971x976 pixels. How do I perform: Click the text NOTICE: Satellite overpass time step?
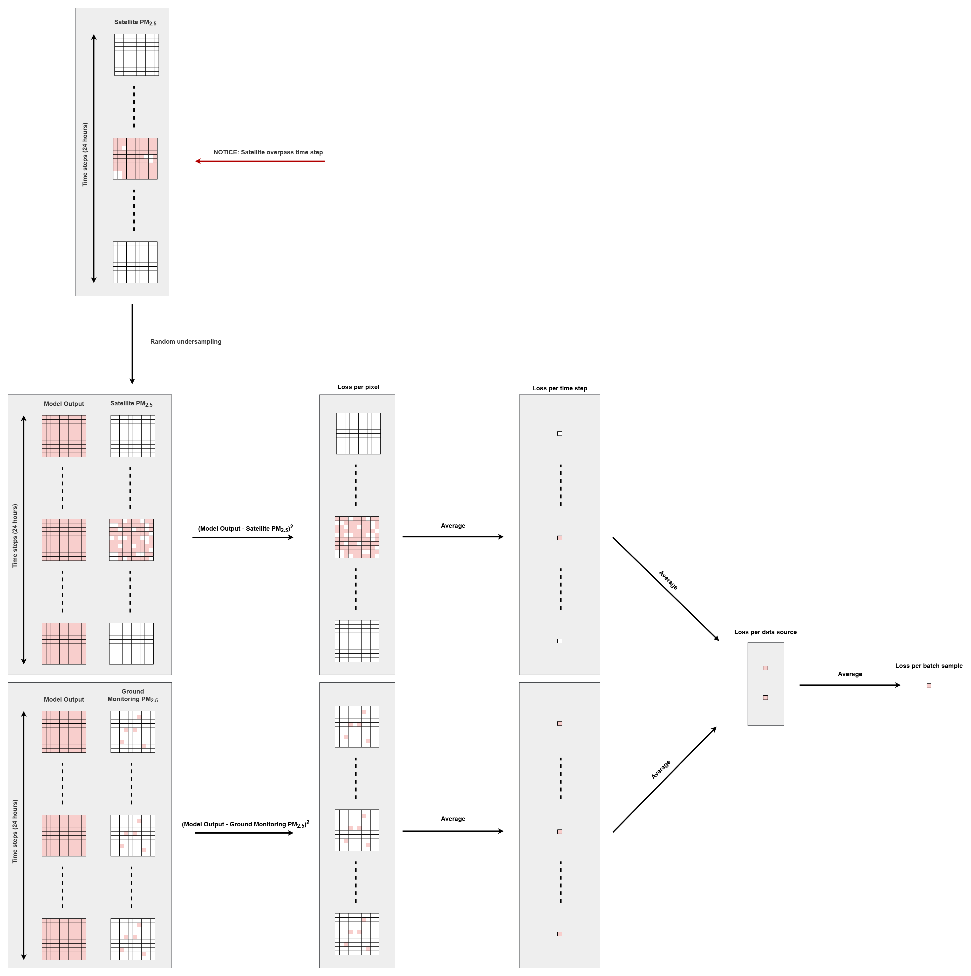[268, 152]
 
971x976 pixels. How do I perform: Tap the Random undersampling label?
[186, 342]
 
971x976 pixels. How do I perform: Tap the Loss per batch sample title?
[928, 666]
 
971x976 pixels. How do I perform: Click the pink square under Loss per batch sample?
[928, 686]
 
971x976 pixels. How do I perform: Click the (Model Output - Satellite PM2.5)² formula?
[245, 528]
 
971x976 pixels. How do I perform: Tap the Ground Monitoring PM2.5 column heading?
[132, 695]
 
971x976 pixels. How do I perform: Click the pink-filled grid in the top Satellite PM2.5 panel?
[135, 159]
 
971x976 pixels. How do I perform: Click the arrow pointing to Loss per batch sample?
[850, 685]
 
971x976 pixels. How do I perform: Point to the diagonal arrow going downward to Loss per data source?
[666, 589]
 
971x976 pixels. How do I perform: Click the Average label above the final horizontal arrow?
[850, 674]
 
